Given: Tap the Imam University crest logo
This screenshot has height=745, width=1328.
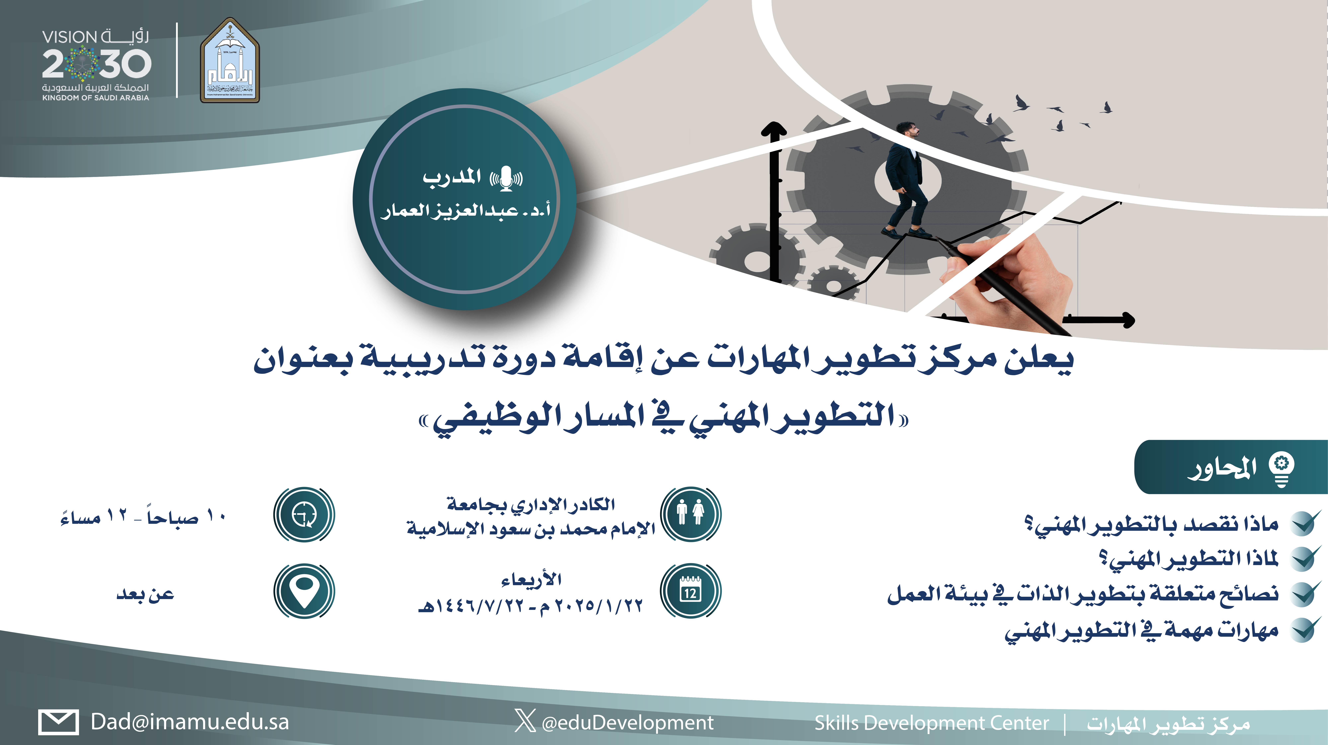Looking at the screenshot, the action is coord(230,60).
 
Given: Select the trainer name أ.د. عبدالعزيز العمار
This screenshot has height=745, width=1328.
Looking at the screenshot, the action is coord(466,211).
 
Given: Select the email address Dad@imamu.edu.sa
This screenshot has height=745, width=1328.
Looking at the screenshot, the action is coord(190,722).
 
